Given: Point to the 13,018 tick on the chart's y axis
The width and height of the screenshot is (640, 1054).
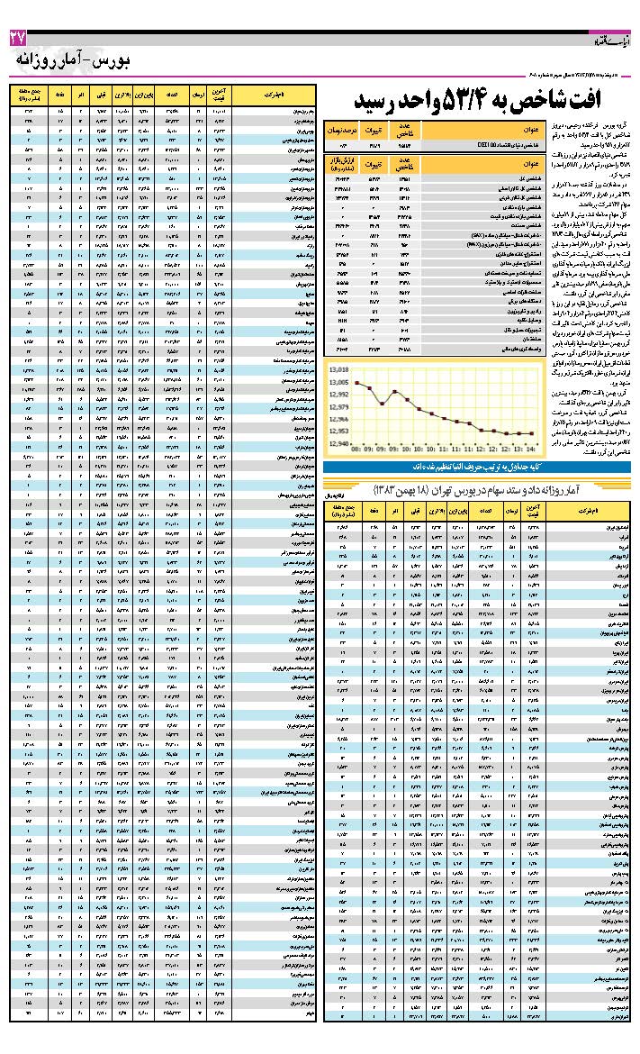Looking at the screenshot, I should pos(339,370).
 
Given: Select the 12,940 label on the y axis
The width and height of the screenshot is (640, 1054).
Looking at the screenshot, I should pos(339,443).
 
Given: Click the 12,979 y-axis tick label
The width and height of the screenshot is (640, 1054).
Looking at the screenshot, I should pos(339,407).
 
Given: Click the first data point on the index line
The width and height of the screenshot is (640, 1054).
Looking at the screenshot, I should pos(357,383).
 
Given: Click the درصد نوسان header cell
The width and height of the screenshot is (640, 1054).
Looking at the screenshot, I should pos(343,131).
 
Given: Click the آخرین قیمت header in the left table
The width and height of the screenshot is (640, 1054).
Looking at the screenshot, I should pos(223,95).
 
